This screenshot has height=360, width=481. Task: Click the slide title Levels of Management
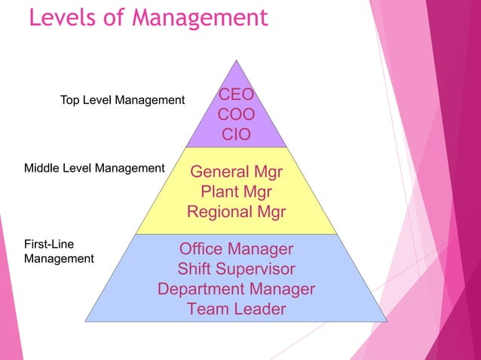(x=149, y=18)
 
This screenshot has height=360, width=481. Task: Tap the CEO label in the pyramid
(x=236, y=96)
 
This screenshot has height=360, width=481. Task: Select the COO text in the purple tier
(x=236, y=115)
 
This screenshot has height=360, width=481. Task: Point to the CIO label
(x=236, y=135)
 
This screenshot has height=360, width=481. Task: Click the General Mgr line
(x=236, y=172)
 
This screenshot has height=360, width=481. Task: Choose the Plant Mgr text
(x=236, y=191)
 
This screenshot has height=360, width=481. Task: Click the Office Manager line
(x=236, y=249)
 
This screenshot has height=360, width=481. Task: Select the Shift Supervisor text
(x=236, y=268)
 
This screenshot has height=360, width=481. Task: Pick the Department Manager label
(x=236, y=288)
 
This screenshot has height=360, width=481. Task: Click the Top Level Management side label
(x=122, y=100)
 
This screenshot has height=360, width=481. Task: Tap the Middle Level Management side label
(x=94, y=168)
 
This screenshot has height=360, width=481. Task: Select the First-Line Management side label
(x=59, y=252)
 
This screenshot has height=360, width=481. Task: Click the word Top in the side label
(x=70, y=100)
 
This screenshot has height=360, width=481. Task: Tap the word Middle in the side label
(x=41, y=168)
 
